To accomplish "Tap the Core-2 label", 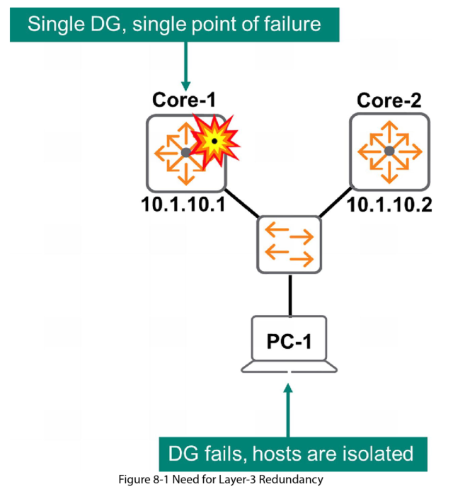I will (x=388, y=100).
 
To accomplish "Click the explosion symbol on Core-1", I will (x=214, y=142).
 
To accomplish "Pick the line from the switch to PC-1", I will (x=289, y=293).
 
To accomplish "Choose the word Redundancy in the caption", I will (x=293, y=479).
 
